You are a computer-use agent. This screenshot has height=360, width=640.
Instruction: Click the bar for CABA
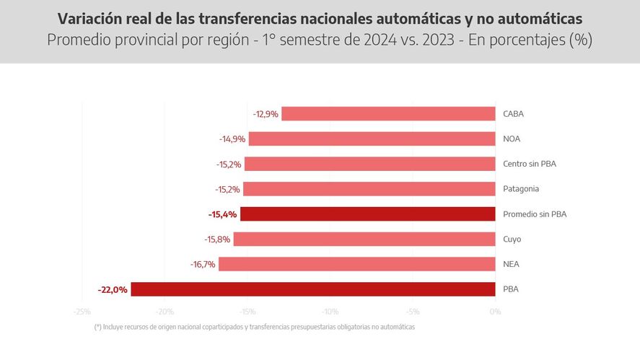coord(388,113)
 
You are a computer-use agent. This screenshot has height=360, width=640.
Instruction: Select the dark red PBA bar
coord(312,289)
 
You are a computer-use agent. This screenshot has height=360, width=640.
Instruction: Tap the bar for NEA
coord(356,264)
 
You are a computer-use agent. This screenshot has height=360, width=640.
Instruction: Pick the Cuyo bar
coord(364,239)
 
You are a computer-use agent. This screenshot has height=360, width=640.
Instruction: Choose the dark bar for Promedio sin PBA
coord(367,214)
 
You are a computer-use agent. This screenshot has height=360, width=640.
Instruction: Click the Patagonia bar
coord(369,189)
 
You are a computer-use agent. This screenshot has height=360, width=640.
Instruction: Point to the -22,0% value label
coord(113,289)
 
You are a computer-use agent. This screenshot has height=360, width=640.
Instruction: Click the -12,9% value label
coord(266,114)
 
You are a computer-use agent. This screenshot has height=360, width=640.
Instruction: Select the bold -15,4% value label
coord(222,214)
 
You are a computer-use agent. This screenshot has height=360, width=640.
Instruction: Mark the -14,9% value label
coord(232,139)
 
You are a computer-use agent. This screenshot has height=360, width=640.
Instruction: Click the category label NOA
coord(512,139)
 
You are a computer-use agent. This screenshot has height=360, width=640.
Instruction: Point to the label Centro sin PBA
coord(530,164)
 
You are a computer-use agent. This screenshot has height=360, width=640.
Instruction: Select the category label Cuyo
coord(512,239)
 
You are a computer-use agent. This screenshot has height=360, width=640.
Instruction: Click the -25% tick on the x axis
coord(82,312)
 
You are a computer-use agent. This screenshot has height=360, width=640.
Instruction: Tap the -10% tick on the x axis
coord(330,312)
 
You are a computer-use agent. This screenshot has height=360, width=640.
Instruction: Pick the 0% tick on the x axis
coord(494,312)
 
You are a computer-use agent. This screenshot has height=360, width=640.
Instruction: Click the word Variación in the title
coord(90,17)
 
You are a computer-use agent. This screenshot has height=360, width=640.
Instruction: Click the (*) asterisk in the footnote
coord(97,327)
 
